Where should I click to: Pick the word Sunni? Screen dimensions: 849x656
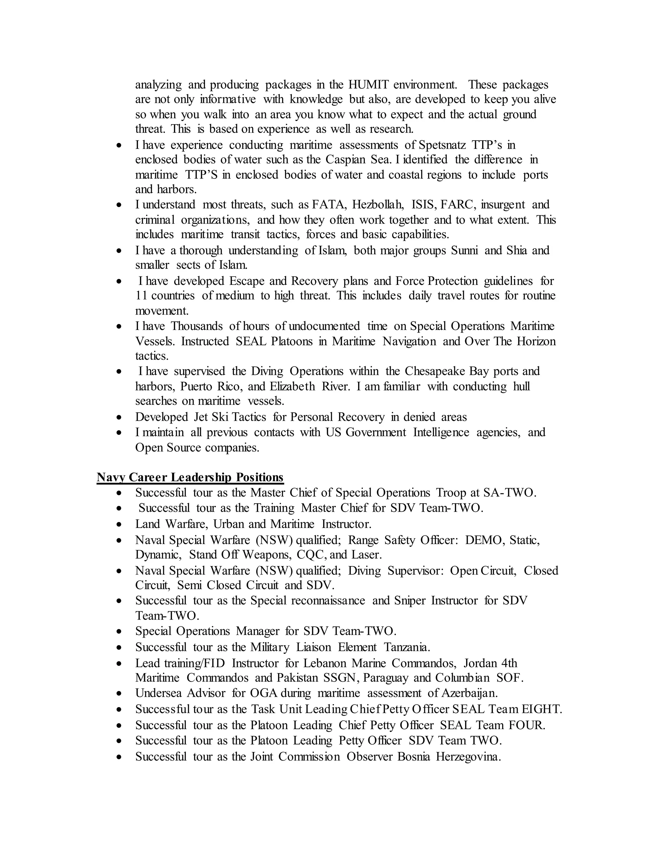coord(464,250)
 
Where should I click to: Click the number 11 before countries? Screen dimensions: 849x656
coord(141,296)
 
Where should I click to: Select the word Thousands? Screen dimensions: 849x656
coord(197,326)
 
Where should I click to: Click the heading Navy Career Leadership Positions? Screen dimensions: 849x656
coord(190,477)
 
